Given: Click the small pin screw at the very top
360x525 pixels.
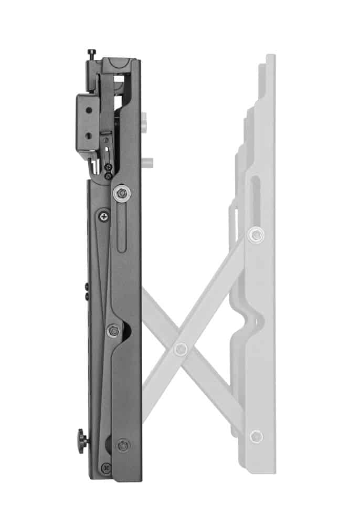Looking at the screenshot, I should point(92,52).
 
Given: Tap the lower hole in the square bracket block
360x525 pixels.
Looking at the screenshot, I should point(88,135).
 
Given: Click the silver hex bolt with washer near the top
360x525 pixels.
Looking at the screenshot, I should point(122,193).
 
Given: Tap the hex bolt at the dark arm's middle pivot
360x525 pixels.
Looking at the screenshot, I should point(113,331).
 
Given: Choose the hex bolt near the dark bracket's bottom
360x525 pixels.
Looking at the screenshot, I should point(123,445).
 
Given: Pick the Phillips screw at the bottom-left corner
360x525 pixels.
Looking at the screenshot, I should point(107,467).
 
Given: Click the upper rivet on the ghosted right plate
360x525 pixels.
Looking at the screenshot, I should point(256,235).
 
